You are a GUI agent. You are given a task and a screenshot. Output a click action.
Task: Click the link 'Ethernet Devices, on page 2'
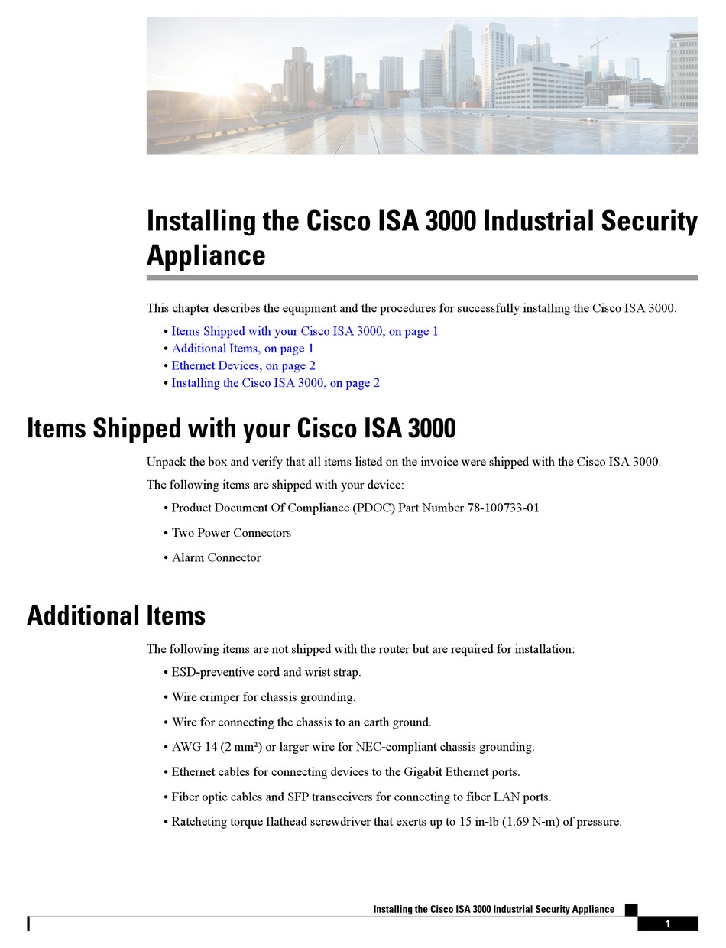tap(243, 365)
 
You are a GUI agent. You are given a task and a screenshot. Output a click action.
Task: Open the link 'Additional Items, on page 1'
tap(242, 349)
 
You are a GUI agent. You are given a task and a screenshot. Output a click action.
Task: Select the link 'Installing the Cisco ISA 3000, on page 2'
tap(275, 383)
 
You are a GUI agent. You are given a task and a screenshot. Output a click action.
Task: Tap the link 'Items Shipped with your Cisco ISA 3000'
tap(304, 331)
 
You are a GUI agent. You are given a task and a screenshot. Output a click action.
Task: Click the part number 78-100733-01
tap(503, 508)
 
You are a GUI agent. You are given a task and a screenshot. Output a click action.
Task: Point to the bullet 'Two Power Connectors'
tap(231, 533)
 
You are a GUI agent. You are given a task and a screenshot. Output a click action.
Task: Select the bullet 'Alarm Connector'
tap(216, 557)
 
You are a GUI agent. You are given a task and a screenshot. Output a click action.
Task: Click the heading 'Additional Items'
tap(116, 615)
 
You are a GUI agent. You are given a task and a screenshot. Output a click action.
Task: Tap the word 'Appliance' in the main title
tap(206, 255)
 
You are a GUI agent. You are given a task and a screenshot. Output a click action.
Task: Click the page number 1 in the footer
tap(667, 924)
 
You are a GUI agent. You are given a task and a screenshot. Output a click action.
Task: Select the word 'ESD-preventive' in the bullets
tap(215, 672)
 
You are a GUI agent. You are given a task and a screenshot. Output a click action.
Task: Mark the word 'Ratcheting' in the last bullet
tap(199, 822)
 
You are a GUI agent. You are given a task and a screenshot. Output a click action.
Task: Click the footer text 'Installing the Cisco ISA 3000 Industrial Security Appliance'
tap(493, 909)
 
